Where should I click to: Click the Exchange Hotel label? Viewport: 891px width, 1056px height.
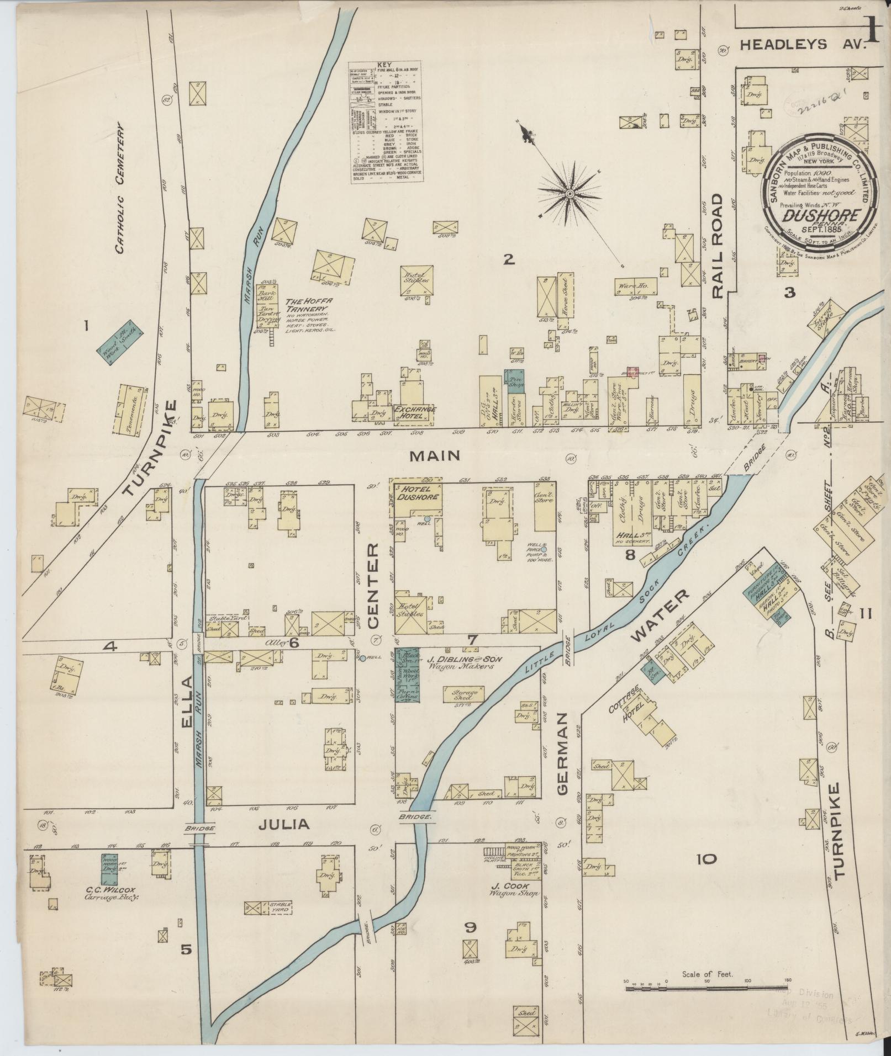[x=415, y=413]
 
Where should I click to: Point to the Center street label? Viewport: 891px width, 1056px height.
[x=374, y=585]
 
